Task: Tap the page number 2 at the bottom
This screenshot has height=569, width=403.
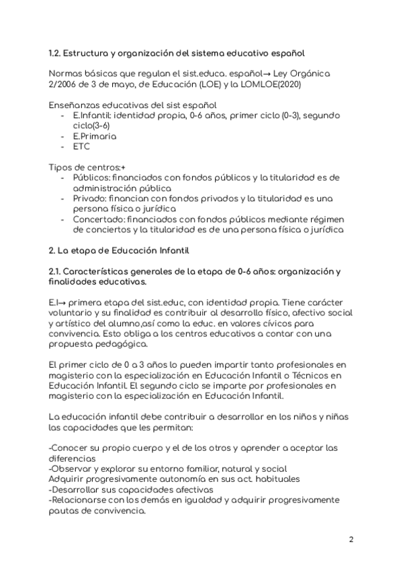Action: tap(351, 539)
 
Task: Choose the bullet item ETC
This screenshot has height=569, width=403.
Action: tap(81, 146)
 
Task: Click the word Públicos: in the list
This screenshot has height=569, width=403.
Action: tap(91, 178)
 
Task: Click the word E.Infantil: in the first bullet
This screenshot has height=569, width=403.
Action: tap(93, 115)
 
